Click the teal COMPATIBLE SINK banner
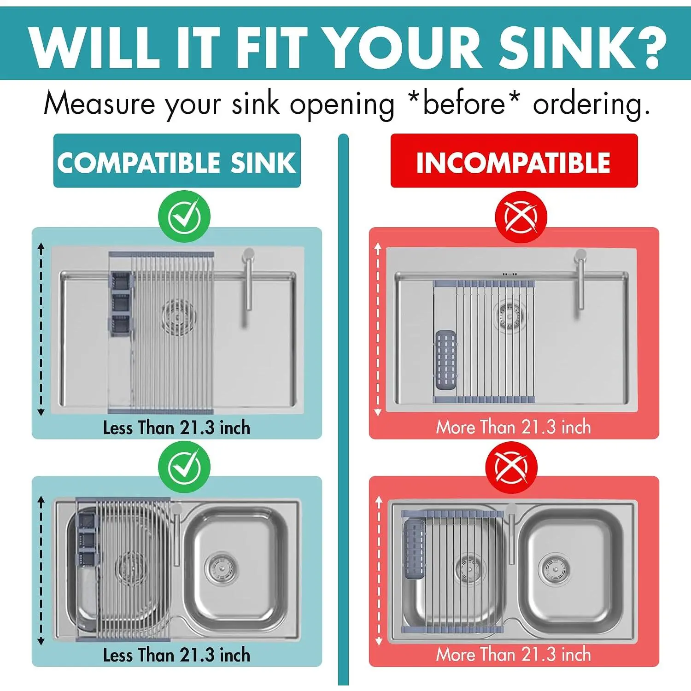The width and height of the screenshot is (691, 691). coord(177,161)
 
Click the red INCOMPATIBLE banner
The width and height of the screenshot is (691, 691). coord(514,161)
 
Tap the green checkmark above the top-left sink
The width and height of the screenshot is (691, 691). coord(184,217)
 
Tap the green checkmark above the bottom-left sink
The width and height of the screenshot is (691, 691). coord(184,467)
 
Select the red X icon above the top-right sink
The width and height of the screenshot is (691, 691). coord(521,217)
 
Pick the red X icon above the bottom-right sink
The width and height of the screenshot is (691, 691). coord(511,468)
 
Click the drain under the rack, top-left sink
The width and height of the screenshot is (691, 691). coord(179,316)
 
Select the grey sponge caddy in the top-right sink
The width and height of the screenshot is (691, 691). coord(446,360)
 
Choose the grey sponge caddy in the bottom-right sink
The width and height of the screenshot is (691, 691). coord(414,549)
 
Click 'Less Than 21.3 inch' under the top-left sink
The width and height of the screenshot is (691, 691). coord(176,428)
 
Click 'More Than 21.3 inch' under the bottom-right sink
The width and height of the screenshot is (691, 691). coord(514,655)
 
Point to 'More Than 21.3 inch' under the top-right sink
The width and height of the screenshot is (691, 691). coord(514,427)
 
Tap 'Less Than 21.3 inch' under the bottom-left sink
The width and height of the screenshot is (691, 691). coord(176,655)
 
